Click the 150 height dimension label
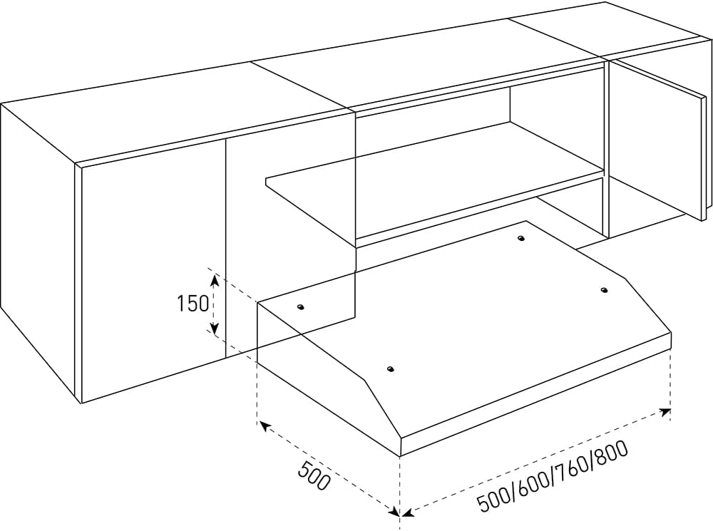click(193, 303)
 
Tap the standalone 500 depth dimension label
click(313, 475)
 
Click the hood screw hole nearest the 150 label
click(300, 308)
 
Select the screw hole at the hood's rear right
click(521, 238)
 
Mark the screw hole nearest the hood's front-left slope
click(390, 368)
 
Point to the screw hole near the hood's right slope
click(604, 289)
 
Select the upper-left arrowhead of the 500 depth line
click(265, 426)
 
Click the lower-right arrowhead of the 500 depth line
click(393, 510)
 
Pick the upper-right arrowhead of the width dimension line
click(665, 412)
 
